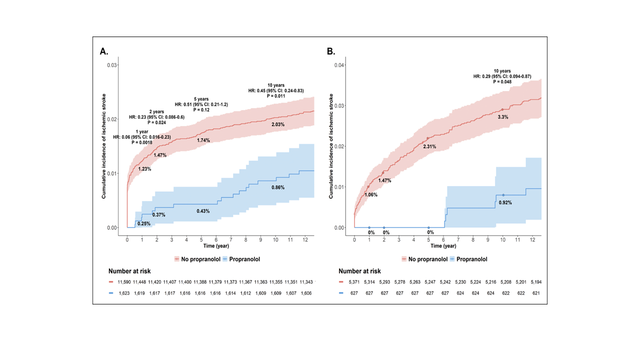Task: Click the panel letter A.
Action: click(x=104, y=51)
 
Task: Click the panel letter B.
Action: click(x=331, y=51)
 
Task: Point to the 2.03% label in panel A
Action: click(x=277, y=124)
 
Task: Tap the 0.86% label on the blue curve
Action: click(x=277, y=187)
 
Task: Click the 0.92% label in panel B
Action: click(x=505, y=202)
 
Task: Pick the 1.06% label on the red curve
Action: click(x=370, y=194)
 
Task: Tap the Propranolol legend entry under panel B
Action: click(x=469, y=259)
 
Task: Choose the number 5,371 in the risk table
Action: click(x=353, y=282)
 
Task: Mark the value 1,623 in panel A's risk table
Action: click(x=125, y=293)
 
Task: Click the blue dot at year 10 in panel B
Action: click(x=503, y=195)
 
